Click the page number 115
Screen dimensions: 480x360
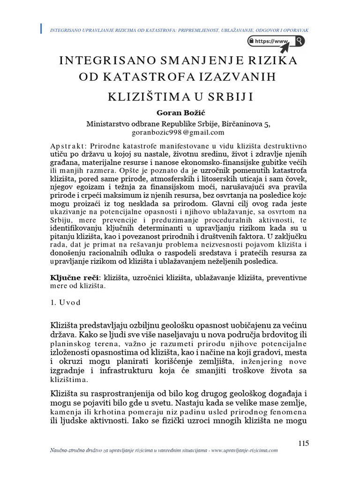tap(304, 443)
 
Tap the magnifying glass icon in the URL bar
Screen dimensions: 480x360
tap(299, 41)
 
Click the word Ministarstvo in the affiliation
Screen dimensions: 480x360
tap(110, 124)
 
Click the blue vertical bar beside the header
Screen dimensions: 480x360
tap(42, 28)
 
